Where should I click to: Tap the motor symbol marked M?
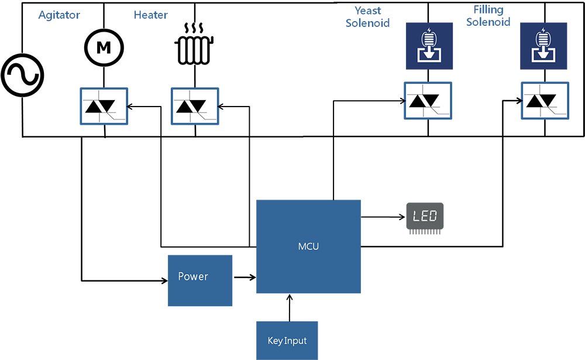click(103, 48)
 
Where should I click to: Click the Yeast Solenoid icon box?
click(429, 45)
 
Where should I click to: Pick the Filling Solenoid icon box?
click(544, 45)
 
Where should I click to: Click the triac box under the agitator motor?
click(104, 106)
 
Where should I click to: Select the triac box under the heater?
click(194, 106)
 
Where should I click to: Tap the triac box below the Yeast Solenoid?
click(428, 101)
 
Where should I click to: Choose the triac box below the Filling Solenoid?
click(544, 101)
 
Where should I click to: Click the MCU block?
click(308, 246)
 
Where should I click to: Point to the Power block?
click(199, 280)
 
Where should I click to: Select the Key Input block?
click(287, 340)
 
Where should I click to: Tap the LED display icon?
click(425, 217)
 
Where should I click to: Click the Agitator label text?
click(59, 15)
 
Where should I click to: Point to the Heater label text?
click(151, 15)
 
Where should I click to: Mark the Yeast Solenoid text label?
click(367, 17)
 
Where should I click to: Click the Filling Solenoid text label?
click(488, 16)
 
